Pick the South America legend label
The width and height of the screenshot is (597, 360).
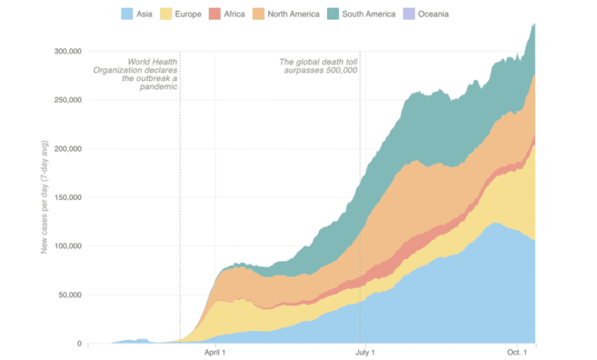(x=370, y=14)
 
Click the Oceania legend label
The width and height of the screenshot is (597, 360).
(x=433, y=14)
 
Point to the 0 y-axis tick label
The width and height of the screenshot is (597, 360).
(x=78, y=343)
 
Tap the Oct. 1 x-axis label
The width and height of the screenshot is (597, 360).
(x=517, y=352)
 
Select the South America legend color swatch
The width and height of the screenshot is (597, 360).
(x=335, y=14)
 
